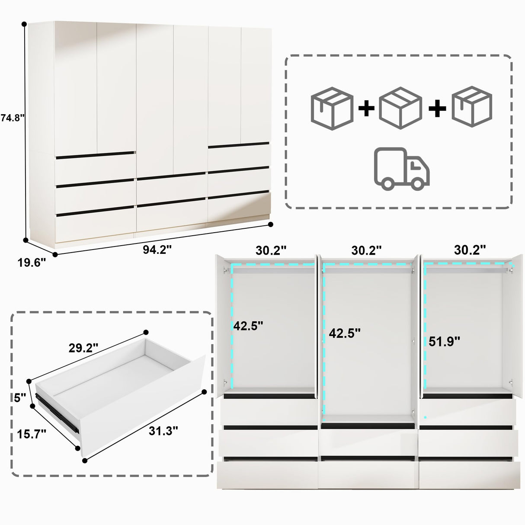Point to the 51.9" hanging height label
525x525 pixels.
444,342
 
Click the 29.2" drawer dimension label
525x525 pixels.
83,348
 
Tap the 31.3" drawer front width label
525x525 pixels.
163,431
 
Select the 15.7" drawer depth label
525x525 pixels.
32,434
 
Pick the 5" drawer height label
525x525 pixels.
20,398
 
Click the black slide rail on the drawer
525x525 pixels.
56,410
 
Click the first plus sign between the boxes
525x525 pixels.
366,108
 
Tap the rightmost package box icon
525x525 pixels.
472,106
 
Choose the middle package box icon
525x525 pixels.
400,108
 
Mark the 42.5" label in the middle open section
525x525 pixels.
345,333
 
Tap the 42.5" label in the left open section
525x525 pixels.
248,326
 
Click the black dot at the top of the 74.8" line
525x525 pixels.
24,25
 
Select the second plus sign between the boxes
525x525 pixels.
437,108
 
